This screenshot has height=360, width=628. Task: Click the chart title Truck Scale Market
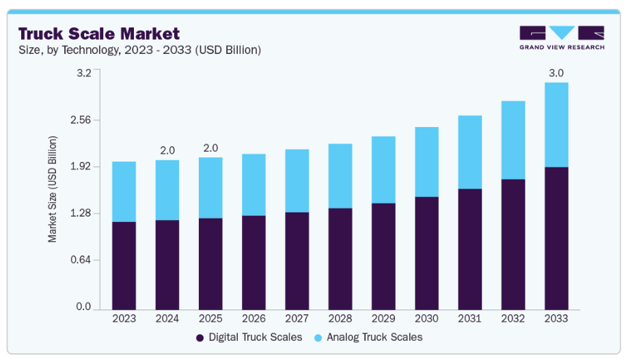coord(99,33)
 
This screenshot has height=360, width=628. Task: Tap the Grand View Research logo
coord(562,38)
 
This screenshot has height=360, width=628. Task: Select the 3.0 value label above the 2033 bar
coord(556,73)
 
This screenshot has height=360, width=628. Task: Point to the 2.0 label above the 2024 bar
coord(167,150)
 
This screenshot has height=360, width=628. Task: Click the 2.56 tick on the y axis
coord(81,120)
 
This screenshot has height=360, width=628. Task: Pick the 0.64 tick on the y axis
coord(81,260)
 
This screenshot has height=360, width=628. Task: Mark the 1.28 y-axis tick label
coord(81,214)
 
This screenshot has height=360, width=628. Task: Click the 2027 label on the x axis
coord(297,318)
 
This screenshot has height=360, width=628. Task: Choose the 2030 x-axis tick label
coord(426,318)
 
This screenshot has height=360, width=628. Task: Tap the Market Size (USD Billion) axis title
coord(53,189)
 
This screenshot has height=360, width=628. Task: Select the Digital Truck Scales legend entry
coord(249,337)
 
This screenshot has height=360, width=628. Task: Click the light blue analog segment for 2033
coord(556,124)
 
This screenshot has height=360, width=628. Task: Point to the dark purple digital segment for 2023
coord(124,264)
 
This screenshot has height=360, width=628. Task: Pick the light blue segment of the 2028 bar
coord(340,176)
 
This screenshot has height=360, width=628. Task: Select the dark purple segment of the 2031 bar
coord(470,248)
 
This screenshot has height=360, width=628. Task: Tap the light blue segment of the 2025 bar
coord(210,188)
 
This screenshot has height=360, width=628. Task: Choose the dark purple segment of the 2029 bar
coord(383,255)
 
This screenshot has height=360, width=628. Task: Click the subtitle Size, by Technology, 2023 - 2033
coord(139,51)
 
